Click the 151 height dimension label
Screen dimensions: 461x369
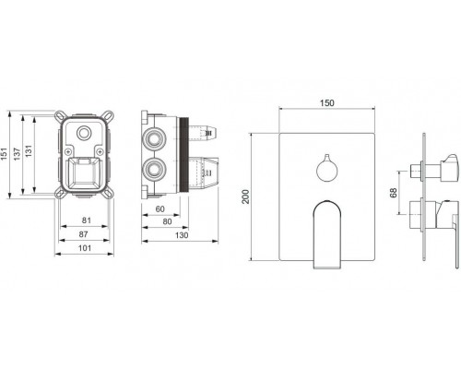point(5,154)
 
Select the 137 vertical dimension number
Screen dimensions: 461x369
point(17,154)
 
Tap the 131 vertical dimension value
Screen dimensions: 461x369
point(29,151)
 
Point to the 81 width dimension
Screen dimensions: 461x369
point(87,220)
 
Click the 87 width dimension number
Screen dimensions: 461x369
point(83,234)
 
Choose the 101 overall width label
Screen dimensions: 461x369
point(85,248)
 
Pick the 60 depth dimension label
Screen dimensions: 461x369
point(160,209)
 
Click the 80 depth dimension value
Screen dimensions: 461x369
point(167,221)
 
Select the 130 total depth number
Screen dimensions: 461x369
point(182,235)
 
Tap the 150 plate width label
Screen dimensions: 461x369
point(327,103)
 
